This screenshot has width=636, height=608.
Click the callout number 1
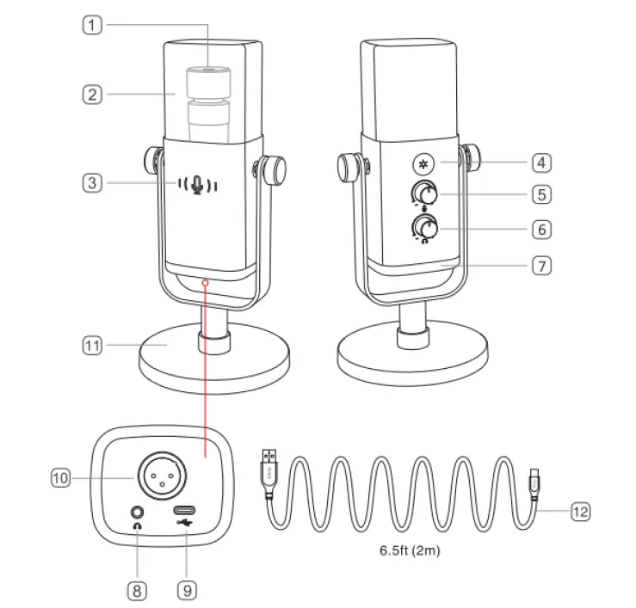[92, 26]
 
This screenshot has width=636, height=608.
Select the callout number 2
[92, 94]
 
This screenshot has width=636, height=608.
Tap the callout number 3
[92, 182]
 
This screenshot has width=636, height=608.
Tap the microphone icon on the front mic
[198, 185]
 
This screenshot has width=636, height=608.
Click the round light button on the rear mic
[422, 163]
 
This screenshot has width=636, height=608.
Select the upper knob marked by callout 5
[423, 194]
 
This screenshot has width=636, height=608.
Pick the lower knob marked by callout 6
[423, 228]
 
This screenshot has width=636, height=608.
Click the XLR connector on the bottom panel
[157, 475]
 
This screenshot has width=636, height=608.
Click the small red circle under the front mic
[205, 281]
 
